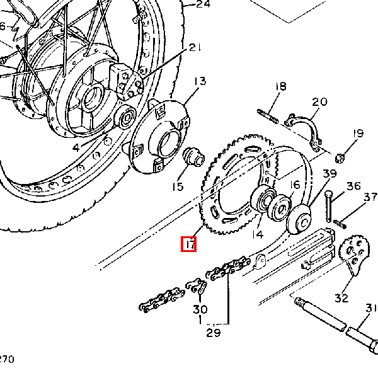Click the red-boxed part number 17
(189, 243)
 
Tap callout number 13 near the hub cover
(200, 81)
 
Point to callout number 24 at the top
(202, 4)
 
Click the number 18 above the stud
(280, 87)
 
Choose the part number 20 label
(320, 102)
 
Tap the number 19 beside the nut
(358, 134)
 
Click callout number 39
(330, 174)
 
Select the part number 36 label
(353, 186)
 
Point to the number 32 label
(341, 297)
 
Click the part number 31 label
(370, 308)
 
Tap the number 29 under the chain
(214, 333)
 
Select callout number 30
(200, 309)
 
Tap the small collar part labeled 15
(192, 157)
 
